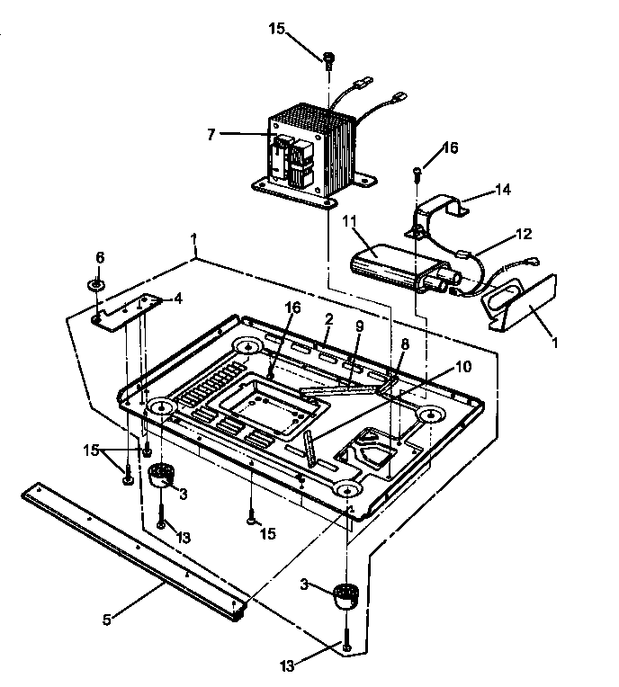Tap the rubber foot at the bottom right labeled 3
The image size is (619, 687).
(x=343, y=595)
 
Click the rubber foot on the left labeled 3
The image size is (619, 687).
(x=162, y=473)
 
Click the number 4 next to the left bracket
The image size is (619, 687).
(x=178, y=298)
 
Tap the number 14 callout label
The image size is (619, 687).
(x=504, y=190)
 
